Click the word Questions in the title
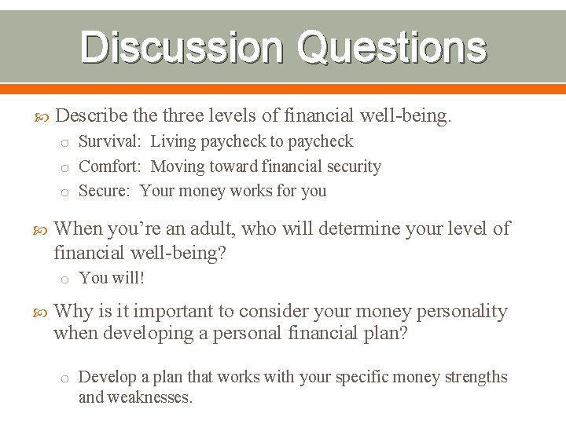point(391,47)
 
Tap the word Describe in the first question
point(93,117)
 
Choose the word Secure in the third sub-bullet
point(105,191)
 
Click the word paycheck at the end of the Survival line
point(321,142)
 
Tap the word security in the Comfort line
point(351,166)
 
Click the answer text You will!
point(112,278)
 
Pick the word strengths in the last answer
point(476,378)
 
